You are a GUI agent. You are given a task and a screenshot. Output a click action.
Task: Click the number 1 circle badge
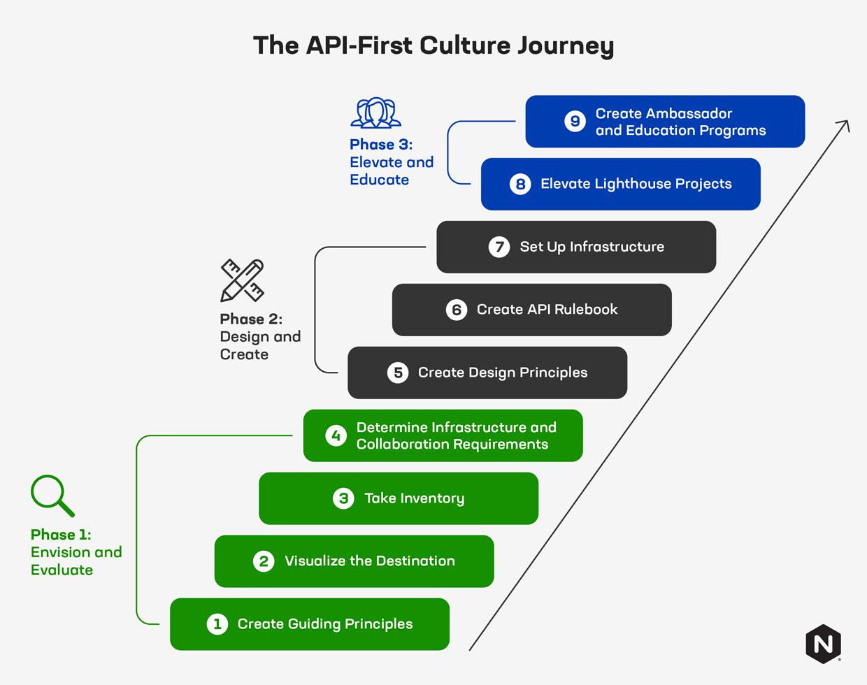click(217, 624)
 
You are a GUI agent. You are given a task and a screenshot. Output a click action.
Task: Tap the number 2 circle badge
click(264, 561)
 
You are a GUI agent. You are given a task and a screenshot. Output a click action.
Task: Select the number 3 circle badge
click(343, 498)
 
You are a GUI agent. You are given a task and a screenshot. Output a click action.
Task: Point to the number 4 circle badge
click(336, 435)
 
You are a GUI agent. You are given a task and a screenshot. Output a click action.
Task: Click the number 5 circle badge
click(398, 373)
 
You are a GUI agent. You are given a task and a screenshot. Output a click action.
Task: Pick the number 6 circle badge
click(457, 310)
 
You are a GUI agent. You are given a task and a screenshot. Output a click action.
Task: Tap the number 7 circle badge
click(499, 247)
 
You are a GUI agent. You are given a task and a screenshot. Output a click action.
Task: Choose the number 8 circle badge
click(520, 184)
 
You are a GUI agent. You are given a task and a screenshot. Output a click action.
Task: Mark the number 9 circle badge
click(575, 122)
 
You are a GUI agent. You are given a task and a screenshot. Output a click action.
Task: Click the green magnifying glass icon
click(52, 496)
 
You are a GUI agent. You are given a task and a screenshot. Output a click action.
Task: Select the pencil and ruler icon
click(242, 280)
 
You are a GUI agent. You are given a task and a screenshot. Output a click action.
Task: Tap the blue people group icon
click(376, 113)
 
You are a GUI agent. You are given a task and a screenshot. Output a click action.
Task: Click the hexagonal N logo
click(823, 644)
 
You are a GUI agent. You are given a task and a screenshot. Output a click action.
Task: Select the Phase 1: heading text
click(61, 535)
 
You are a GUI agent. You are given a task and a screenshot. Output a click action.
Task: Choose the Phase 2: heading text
click(251, 319)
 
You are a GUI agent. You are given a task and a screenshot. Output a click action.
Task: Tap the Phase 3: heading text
click(381, 145)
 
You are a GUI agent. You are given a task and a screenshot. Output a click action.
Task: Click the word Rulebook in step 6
click(585, 310)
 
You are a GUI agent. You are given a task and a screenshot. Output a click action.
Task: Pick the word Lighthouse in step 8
click(636, 184)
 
